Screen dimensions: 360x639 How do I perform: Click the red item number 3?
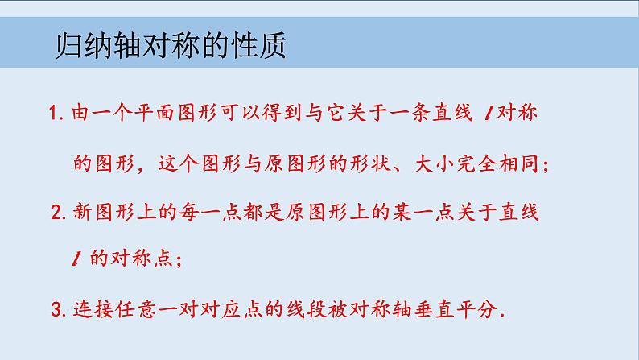click(x=56, y=309)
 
